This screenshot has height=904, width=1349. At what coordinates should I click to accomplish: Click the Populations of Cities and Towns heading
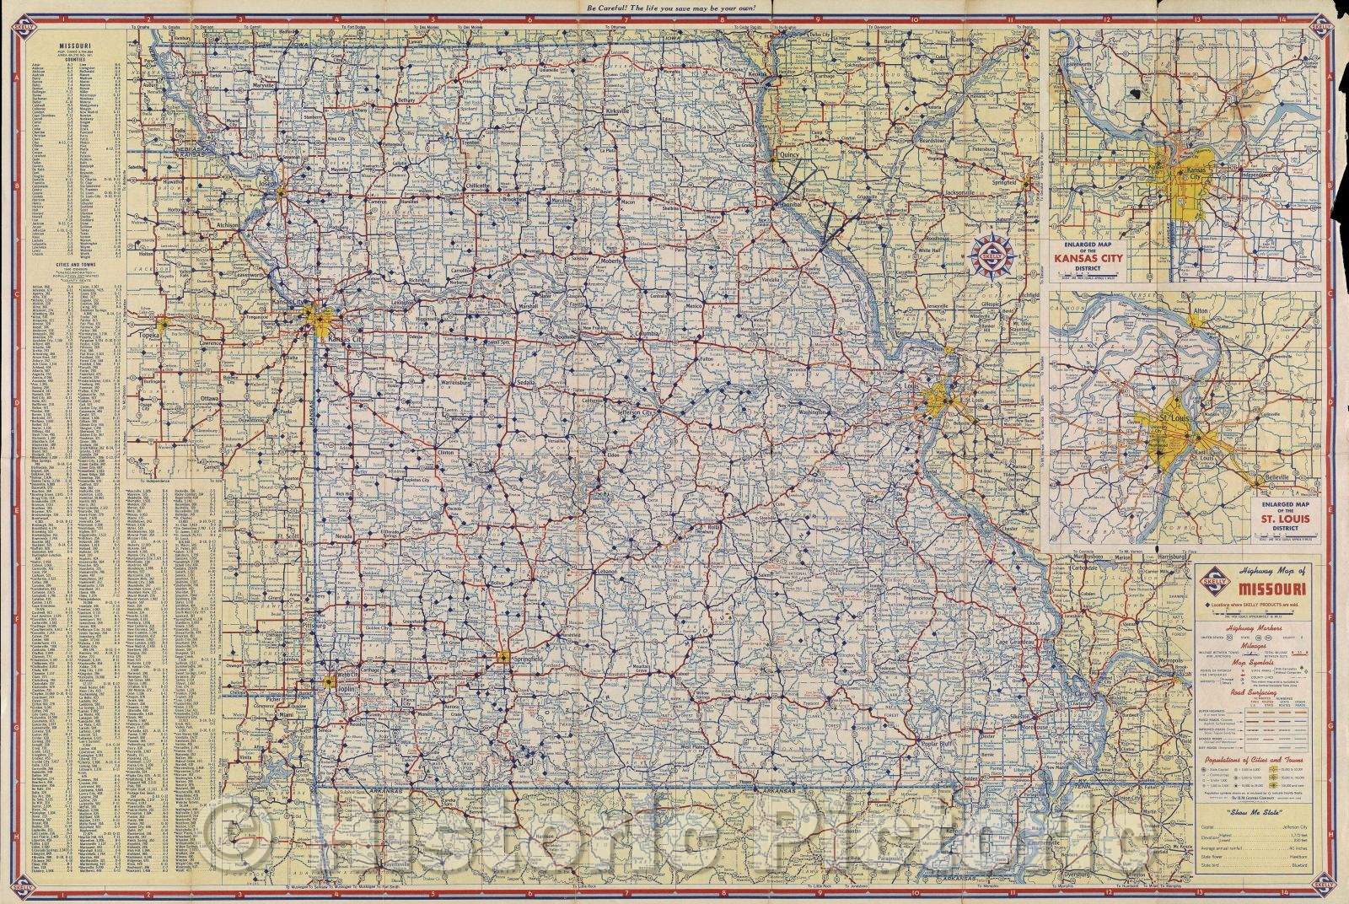[1255, 761]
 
